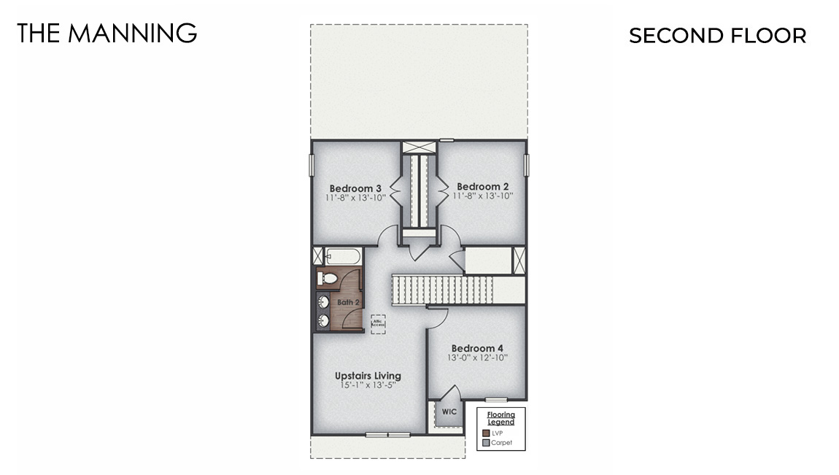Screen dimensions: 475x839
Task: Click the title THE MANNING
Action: [x=107, y=33]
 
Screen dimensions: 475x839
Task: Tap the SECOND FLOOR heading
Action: [x=717, y=36]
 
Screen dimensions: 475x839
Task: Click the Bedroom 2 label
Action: [x=478, y=187]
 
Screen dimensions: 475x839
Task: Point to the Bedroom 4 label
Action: [x=477, y=348]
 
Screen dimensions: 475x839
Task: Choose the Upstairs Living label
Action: [x=368, y=376]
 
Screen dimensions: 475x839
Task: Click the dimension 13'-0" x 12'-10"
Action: [x=477, y=358]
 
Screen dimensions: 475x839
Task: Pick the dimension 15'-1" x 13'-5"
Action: [x=368, y=385]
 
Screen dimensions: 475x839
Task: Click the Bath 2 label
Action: [x=347, y=302]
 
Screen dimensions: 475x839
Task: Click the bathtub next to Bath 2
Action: [x=343, y=257]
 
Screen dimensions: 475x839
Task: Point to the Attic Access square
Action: [x=378, y=323]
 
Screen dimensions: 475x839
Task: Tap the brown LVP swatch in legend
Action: [x=486, y=433]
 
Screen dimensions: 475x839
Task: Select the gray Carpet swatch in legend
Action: [x=486, y=442]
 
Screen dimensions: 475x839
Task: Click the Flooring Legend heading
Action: [x=500, y=418]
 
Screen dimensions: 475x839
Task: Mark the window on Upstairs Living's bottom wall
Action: [x=388, y=435]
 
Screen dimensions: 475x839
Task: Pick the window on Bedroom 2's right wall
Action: [x=526, y=165]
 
